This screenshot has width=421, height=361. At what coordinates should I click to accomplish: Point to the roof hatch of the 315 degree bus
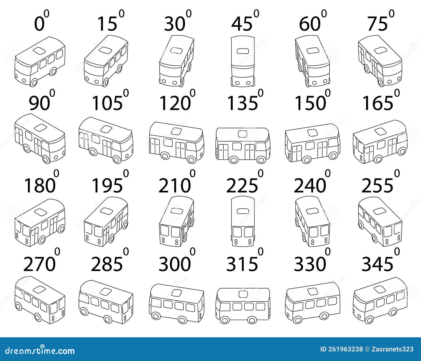(243, 293)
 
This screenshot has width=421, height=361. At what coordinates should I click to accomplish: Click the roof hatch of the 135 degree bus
(243, 134)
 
